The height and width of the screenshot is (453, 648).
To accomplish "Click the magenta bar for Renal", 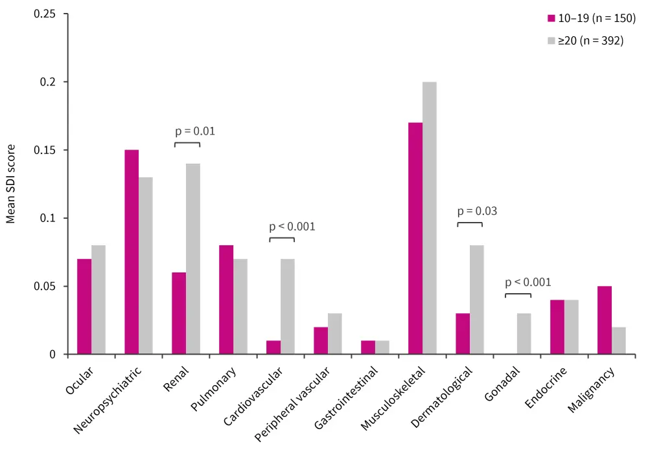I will coord(179,313).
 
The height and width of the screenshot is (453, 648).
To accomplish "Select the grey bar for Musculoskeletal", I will coord(429,218).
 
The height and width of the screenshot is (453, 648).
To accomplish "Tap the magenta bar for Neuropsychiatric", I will coord(132,252).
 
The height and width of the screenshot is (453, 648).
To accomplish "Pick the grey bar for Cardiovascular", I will coord(287,307).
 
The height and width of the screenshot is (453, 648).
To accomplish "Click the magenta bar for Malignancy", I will coord(604,320).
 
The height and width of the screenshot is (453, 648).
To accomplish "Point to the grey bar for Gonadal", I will coord(524,334).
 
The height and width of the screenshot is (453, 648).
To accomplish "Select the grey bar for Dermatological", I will coord(476,300).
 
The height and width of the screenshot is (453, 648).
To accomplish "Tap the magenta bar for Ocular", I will coord(84,307).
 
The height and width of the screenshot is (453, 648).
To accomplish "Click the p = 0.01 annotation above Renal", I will coord(195,131).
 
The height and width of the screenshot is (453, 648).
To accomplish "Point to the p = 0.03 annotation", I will coord(478,211).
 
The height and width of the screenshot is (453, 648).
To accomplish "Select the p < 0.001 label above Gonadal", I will coord(527,282).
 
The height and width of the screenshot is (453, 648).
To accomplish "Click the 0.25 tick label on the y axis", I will coord(45,14).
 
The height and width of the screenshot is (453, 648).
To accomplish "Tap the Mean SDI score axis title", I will coord(11,184).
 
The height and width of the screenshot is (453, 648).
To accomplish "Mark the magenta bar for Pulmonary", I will coord(226,300).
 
